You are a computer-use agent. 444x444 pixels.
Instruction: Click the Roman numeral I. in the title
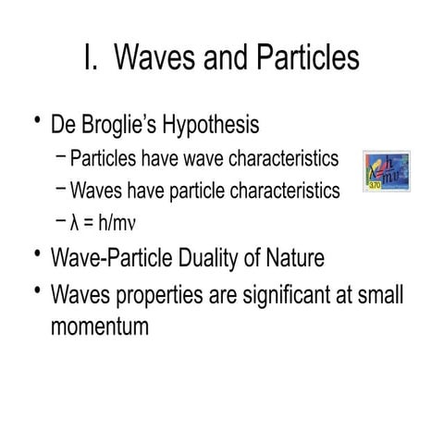(90, 57)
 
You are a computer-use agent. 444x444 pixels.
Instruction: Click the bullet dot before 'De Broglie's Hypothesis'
(37, 121)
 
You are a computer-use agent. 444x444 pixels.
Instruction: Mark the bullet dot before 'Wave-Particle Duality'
(37, 253)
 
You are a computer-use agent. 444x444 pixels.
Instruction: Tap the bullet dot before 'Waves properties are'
(37, 291)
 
